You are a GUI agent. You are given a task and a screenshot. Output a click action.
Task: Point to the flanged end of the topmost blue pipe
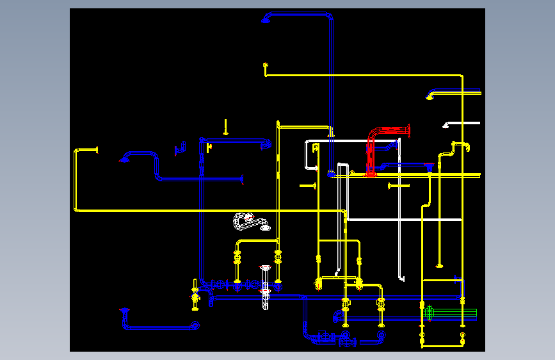point(265,19)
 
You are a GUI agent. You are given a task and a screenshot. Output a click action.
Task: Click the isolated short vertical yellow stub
point(225,126)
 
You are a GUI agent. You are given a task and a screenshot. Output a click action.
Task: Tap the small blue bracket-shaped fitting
point(180,150)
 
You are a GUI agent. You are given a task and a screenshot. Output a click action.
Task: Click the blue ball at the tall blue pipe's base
point(331,172)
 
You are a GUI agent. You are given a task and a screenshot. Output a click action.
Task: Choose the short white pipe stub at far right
point(462,123)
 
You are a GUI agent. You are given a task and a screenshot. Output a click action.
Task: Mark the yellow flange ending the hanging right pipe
point(439,265)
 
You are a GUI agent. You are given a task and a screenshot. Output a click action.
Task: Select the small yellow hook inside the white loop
point(316,148)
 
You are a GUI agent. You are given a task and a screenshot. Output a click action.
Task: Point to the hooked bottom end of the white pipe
point(401,278)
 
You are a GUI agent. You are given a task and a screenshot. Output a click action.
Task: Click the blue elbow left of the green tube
point(337,315)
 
